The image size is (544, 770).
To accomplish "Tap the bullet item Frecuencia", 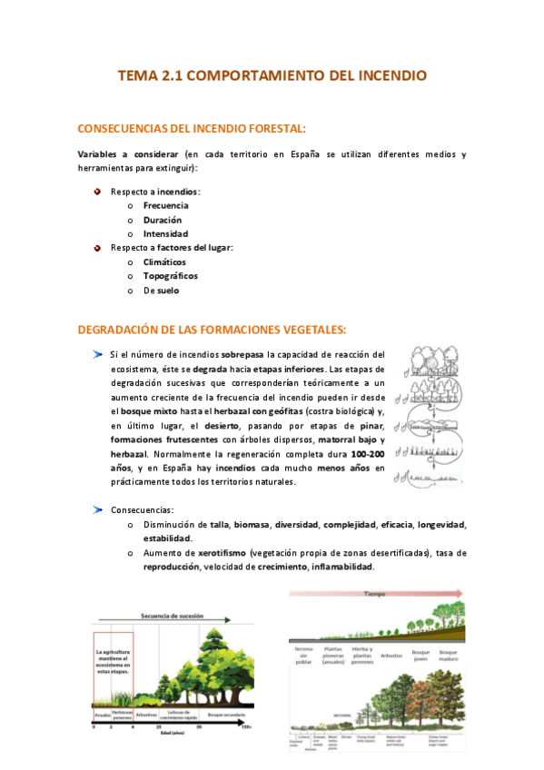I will tap(165, 205).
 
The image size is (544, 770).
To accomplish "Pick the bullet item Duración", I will tap(163, 220).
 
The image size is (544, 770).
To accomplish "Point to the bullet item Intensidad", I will tap(165, 233).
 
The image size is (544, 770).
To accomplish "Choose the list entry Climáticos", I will tap(164, 262).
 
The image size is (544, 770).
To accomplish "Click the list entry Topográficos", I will tap(170, 275).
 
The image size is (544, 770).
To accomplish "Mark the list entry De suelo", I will tap(161, 290).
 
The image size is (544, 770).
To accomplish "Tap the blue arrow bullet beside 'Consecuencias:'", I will tap(97, 510).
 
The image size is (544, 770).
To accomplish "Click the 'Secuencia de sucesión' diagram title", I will tap(172, 615).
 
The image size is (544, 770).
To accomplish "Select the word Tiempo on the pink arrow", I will tap(377, 593).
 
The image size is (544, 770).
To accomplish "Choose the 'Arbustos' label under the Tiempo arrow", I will tap(395, 653).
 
